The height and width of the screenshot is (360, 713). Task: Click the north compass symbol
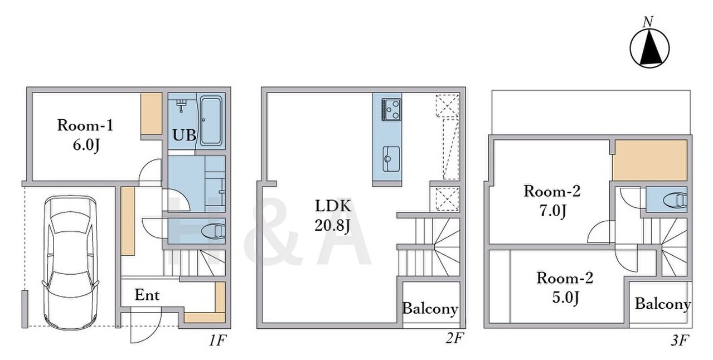click(x=649, y=48)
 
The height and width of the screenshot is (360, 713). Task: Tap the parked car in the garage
click(x=70, y=262)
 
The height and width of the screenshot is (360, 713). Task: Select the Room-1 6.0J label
click(x=85, y=135)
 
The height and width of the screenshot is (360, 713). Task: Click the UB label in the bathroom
click(x=184, y=135)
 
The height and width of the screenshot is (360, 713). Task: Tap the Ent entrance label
click(x=147, y=295)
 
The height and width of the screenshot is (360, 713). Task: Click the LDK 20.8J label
click(x=333, y=216)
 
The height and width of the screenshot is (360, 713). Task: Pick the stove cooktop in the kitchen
click(x=391, y=109)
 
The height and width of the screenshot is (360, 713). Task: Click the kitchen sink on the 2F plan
click(x=391, y=158)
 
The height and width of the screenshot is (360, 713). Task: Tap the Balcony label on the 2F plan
click(x=430, y=309)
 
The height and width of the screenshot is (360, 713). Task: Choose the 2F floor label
click(x=454, y=338)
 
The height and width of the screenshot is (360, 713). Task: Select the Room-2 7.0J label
click(x=552, y=201)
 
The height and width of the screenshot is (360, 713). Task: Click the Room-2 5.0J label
click(x=565, y=288)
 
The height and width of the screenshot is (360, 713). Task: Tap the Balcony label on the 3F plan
click(x=663, y=304)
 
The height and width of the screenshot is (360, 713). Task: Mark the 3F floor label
click(x=680, y=341)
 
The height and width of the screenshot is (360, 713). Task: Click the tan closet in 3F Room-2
click(x=650, y=160)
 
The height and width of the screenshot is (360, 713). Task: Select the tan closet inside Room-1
click(x=152, y=114)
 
